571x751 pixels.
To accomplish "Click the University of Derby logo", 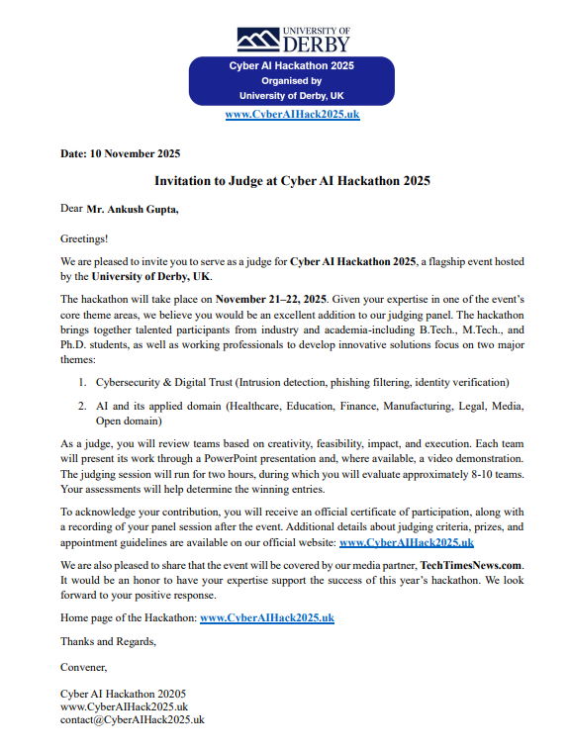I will (x=292, y=39).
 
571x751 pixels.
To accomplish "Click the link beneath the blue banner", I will (x=292, y=115).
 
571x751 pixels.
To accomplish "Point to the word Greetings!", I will (x=84, y=238).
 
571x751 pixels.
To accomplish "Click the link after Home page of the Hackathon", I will (x=267, y=617).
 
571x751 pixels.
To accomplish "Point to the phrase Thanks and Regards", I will (x=108, y=642).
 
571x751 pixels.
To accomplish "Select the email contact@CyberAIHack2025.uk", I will (x=132, y=720).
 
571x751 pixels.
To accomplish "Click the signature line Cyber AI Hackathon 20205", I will (x=123, y=695).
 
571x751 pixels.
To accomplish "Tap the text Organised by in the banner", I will (x=291, y=81).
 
